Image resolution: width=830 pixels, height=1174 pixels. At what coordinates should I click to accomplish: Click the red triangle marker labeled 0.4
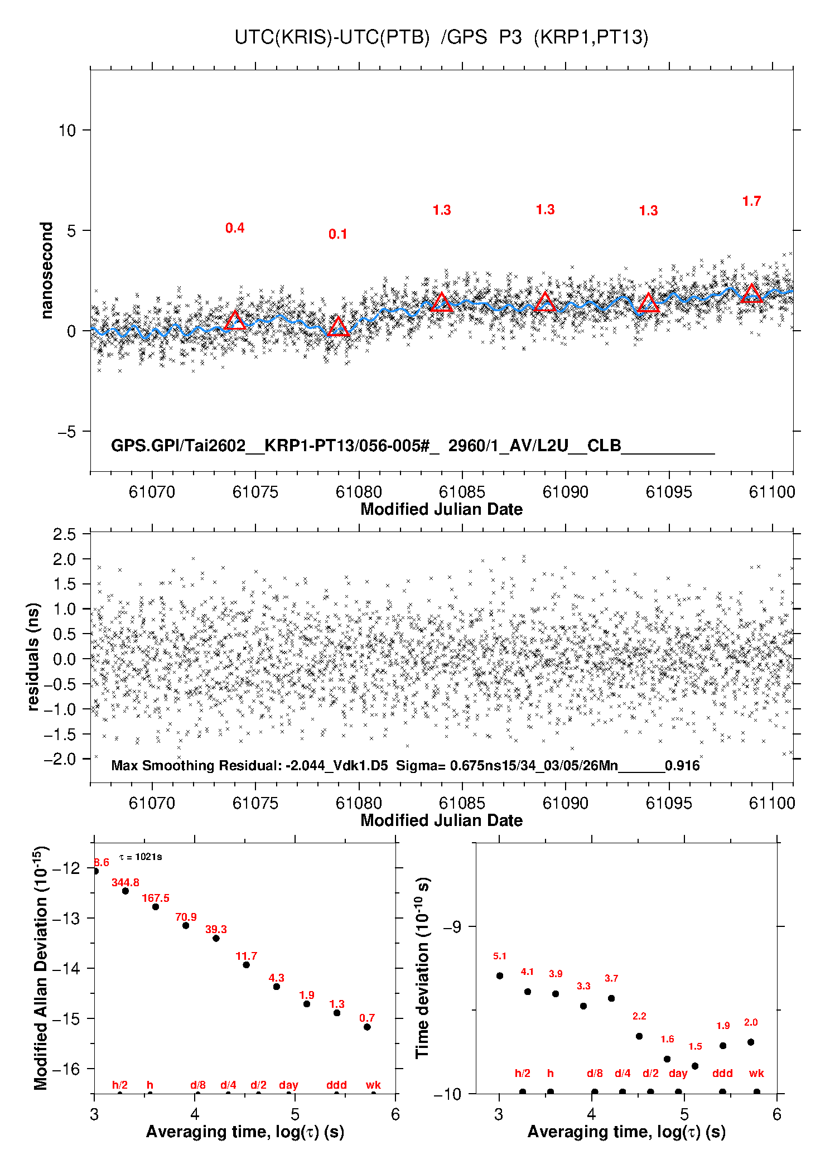[x=235, y=321]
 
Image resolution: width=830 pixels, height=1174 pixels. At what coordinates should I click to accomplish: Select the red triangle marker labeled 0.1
[x=338, y=327]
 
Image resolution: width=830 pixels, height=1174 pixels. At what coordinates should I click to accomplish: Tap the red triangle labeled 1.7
[x=751, y=294]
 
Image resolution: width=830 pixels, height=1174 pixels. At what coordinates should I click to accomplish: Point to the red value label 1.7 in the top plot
[x=751, y=201]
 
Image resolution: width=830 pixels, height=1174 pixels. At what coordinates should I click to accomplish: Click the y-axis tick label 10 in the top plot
[x=67, y=131]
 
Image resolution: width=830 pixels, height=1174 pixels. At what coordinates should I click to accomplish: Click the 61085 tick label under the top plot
[x=462, y=492]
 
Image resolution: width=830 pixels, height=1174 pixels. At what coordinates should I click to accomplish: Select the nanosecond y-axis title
[x=46, y=270]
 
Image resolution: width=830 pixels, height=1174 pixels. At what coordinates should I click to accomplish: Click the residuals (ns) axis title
[x=33, y=656]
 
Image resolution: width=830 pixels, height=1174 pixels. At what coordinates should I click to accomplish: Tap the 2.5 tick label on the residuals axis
[x=64, y=534]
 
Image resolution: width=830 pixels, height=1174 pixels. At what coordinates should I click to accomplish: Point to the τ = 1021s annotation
[x=141, y=857]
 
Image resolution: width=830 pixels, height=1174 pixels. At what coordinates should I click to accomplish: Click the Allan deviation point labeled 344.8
[x=126, y=891]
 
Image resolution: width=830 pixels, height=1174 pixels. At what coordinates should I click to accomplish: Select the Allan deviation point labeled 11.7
[x=246, y=964]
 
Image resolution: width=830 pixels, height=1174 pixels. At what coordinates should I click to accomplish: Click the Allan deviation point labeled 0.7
[x=367, y=1027]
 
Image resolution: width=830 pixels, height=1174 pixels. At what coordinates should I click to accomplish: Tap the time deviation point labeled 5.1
[x=500, y=975]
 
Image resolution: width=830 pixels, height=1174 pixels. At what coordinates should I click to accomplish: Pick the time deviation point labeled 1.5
[x=695, y=1066]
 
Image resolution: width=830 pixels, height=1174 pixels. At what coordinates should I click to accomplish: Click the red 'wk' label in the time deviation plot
[x=756, y=1073]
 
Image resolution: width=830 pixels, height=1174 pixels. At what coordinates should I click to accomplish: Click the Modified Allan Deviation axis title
[x=41, y=968]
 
